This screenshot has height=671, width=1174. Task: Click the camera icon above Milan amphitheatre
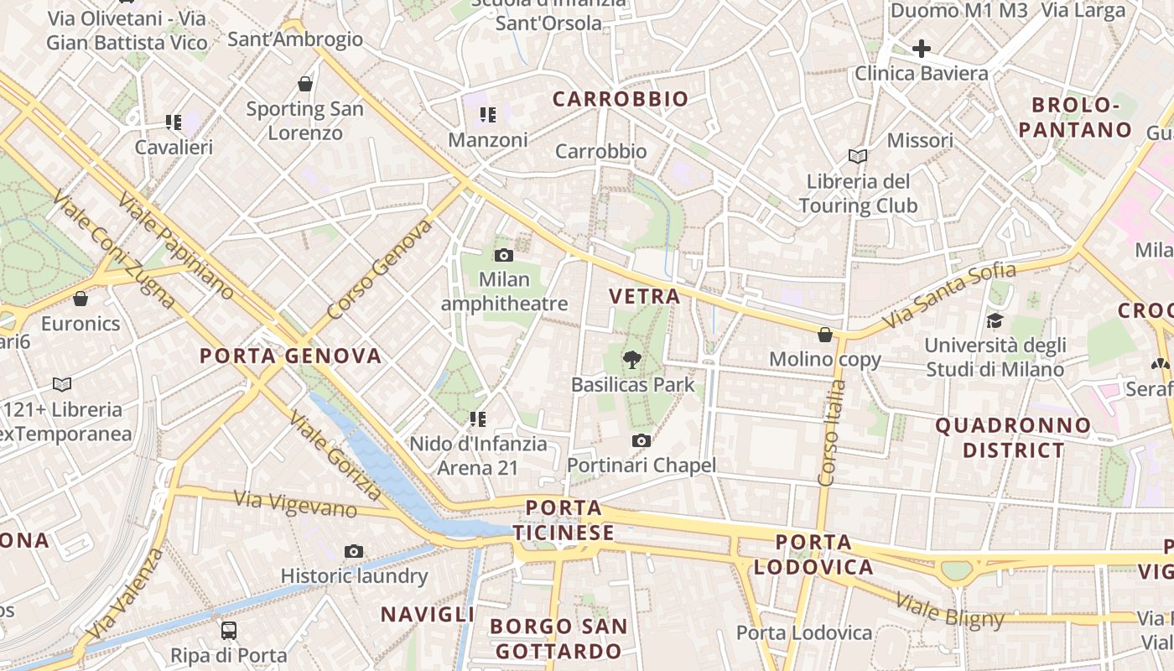(504, 255)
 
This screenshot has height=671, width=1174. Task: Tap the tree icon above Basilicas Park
(631, 360)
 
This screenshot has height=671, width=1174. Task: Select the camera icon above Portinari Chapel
(642, 440)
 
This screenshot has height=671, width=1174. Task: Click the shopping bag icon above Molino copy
(825, 335)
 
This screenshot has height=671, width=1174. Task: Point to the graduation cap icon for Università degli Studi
(995, 320)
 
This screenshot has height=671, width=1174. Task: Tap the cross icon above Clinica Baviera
(921, 49)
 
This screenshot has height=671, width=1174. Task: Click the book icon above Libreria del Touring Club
(857, 156)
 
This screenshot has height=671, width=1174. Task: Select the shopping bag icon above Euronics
(81, 299)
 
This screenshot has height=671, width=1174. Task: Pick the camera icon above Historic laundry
(354, 551)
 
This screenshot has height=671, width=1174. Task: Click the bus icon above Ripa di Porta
(228, 630)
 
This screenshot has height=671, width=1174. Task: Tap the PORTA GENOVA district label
(290, 356)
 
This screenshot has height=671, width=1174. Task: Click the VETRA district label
(644, 296)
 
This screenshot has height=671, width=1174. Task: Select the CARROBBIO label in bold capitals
(621, 99)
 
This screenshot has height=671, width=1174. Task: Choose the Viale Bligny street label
(949, 610)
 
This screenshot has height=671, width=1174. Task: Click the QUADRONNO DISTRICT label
(1013, 438)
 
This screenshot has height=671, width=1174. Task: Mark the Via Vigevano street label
(295, 505)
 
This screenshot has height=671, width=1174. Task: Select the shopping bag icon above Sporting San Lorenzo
(305, 84)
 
